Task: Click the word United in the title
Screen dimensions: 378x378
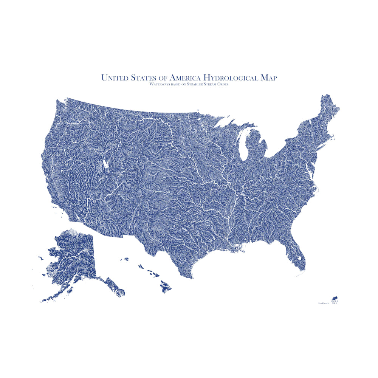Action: pos(115,78)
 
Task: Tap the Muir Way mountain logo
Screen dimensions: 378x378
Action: pos(335,299)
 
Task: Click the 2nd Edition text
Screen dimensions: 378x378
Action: pos(323,303)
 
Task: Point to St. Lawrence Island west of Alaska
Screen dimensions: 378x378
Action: pos(40,258)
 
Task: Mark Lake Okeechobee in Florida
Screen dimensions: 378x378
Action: pos(299,259)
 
